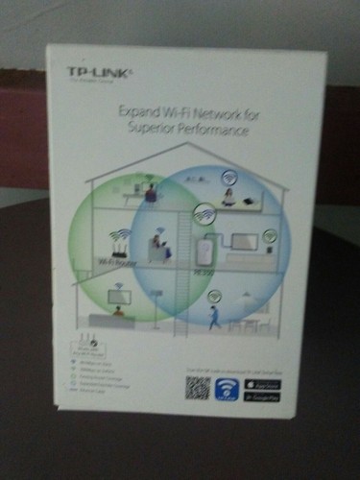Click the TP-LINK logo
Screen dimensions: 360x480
(94, 71)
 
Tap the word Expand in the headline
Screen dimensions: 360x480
(136, 112)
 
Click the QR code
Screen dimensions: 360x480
(197, 387)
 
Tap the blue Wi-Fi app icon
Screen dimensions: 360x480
(227, 387)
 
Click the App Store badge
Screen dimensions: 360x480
(261, 382)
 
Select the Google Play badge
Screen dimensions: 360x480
(261, 395)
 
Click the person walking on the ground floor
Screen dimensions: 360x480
(214, 316)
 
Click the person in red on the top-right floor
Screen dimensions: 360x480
(228, 197)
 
